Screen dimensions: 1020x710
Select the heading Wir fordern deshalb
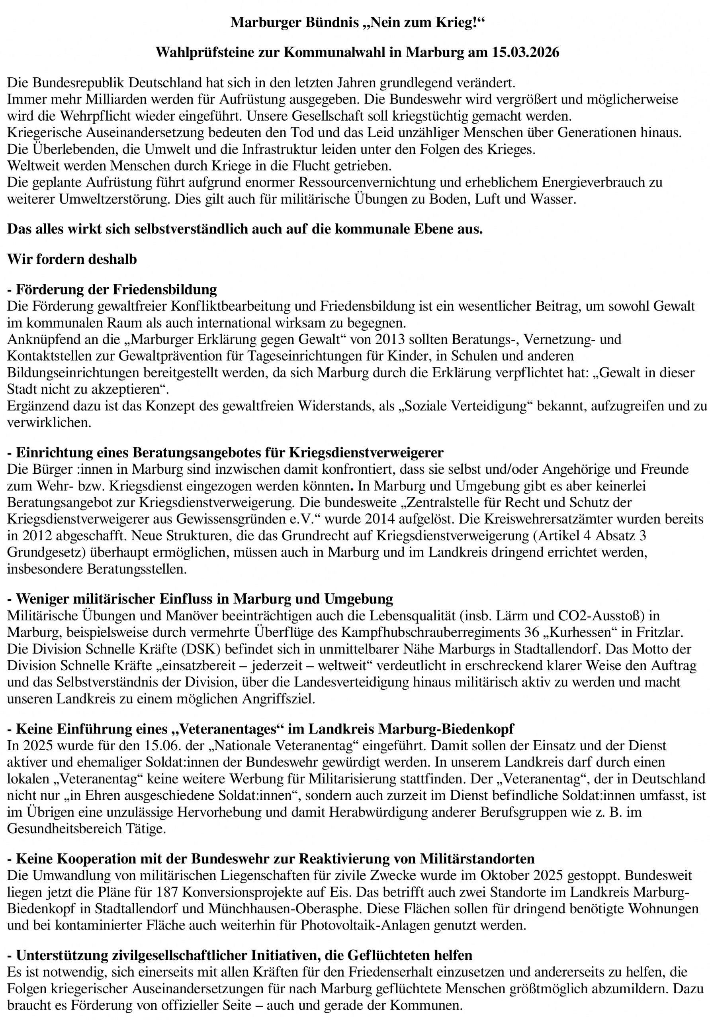[x=72, y=259]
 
